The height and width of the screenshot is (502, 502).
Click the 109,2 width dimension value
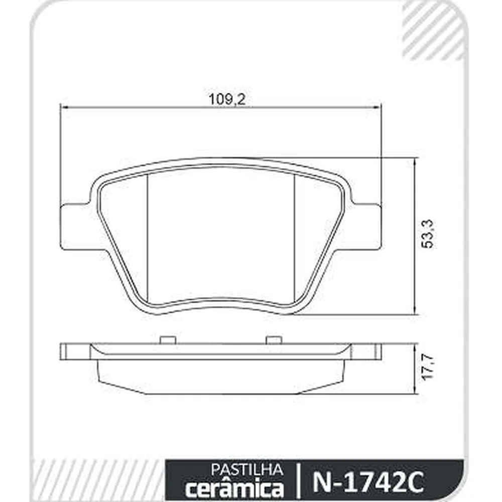(x=227, y=99)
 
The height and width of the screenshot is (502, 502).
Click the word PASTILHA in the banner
(x=247, y=470)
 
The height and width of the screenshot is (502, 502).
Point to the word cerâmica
(x=234, y=488)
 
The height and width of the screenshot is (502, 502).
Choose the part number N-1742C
(x=368, y=481)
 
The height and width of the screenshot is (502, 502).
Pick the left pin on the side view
(x=168, y=340)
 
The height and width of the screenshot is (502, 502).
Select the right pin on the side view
(x=274, y=340)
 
